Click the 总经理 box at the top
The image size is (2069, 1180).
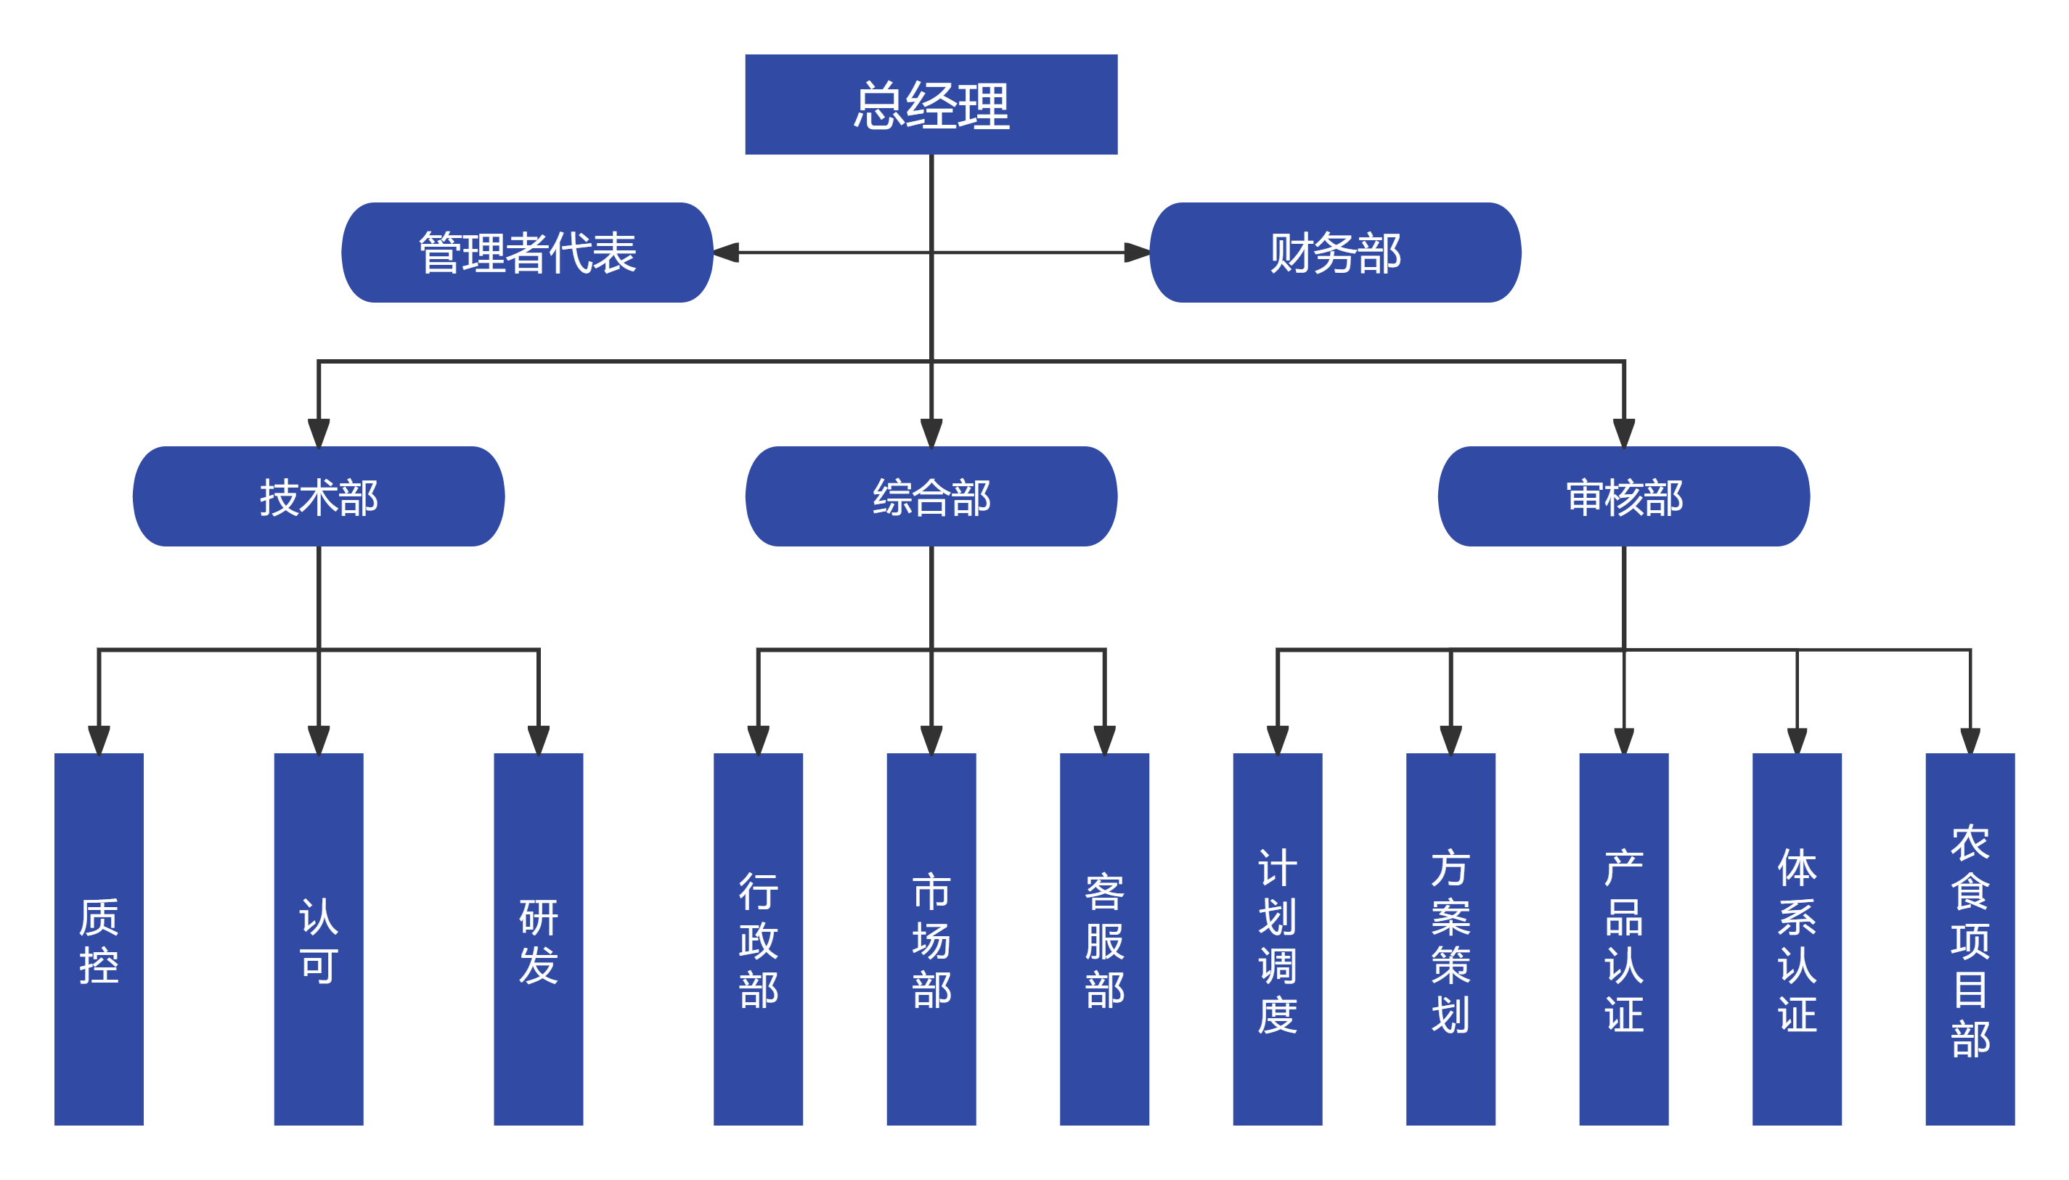(x=931, y=105)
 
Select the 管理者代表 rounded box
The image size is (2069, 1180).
(x=527, y=253)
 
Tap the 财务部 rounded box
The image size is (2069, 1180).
(x=1334, y=253)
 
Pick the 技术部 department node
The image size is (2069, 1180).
(x=319, y=496)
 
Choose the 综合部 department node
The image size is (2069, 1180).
(x=931, y=496)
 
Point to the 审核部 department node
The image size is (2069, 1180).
(x=1623, y=496)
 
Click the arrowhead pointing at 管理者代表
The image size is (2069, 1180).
(x=727, y=253)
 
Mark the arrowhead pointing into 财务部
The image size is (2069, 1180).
(x=1136, y=253)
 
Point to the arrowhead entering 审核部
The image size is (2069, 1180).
(x=1623, y=433)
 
